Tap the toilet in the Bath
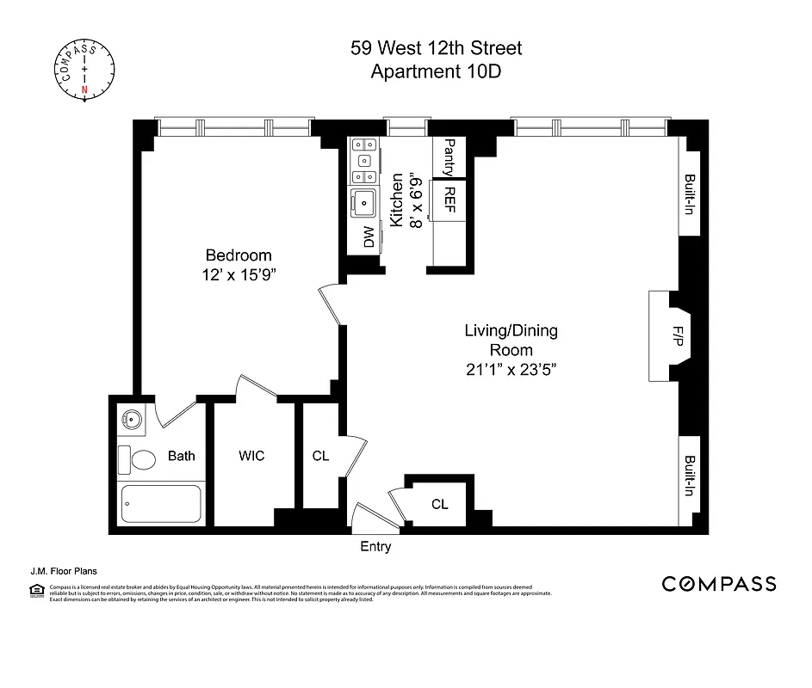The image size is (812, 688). pyautogui.click(x=138, y=459)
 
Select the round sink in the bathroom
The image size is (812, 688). pyautogui.click(x=132, y=420)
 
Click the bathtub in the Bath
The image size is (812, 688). pyautogui.click(x=161, y=504)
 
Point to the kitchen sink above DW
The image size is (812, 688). pyautogui.click(x=363, y=205)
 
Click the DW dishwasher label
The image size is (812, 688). pyautogui.click(x=369, y=237)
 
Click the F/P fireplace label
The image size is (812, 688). pyautogui.click(x=678, y=336)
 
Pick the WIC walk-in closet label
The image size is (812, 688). pyautogui.click(x=251, y=456)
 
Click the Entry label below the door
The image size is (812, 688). pyautogui.click(x=375, y=546)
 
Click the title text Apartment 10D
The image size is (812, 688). pyautogui.click(x=436, y=71)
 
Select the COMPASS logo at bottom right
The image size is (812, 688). pyautogui.click(x=718, y=584)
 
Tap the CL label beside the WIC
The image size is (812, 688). pyautogui.click(x=320, y=456)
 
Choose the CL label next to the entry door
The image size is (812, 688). pyautogui.click(x=439, y=504)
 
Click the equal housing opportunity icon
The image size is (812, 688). pyautogui.click(x=36, y=589)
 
